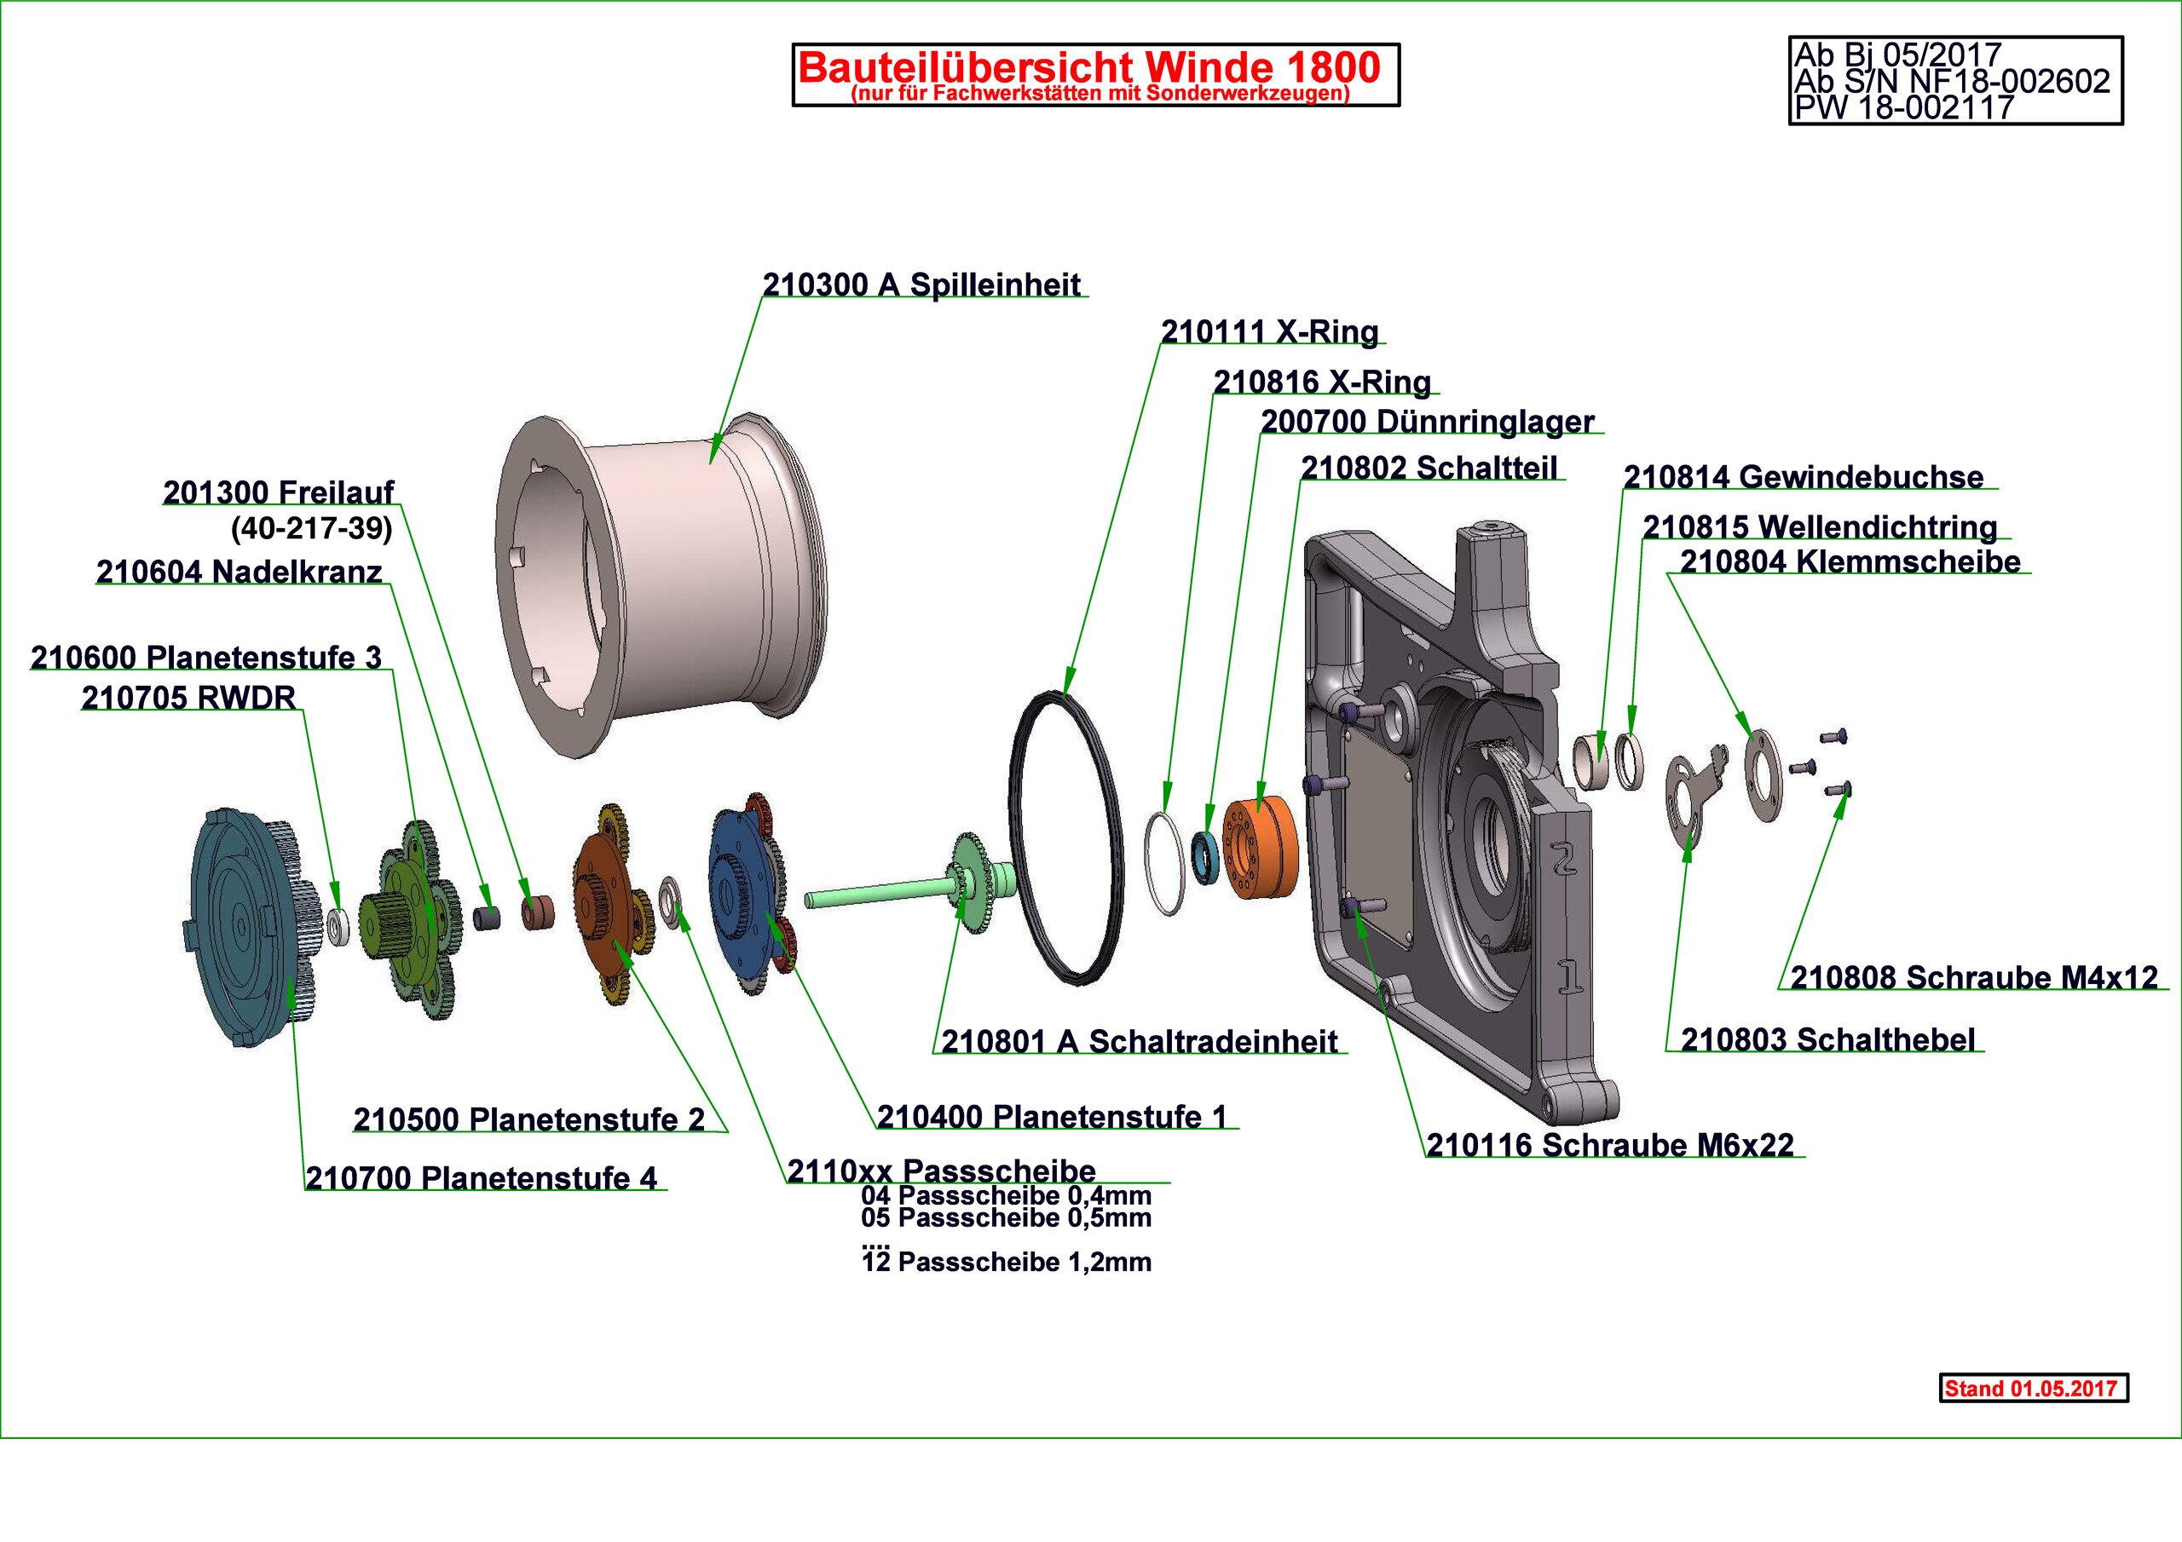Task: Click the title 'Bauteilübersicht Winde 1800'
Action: [1089, 66]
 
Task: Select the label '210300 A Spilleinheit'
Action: [922, 285]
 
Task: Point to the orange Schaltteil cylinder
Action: [1259, 849]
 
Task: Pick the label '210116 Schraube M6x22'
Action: [1610, 1146]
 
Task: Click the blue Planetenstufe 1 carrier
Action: [746, 889]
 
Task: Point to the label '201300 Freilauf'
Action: [278, 493]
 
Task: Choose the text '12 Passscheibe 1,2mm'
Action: [1007, 1263]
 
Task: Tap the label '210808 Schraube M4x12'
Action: [1973, 978]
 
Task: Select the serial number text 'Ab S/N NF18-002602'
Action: [1951, 82]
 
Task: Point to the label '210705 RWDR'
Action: [188, 699]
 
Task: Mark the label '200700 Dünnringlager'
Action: [1427, 422]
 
